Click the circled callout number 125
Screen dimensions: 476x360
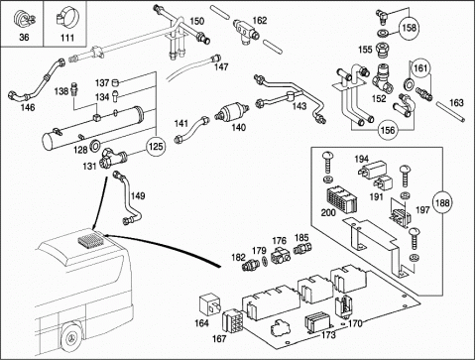coord(156,146)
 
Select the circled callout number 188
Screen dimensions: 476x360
coord(442,202)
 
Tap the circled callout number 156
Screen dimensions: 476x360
coord(388,130)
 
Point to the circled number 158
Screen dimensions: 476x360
coord(410,27)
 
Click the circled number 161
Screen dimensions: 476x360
coord(420,68)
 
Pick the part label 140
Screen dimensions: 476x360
coord(238,127)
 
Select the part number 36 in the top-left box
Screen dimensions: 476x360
coord(24,37)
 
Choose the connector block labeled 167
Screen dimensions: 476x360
coord(233,321)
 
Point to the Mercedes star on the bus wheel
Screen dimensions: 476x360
coord(72,339)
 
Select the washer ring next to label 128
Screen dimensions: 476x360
coord(95,145)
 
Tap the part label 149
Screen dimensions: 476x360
coord(138,196)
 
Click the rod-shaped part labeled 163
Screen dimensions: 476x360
coord(450,112)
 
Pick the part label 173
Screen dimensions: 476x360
coord(328,335)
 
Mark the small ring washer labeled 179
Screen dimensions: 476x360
coord(265,261)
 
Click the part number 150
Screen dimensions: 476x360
coord(197,21)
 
